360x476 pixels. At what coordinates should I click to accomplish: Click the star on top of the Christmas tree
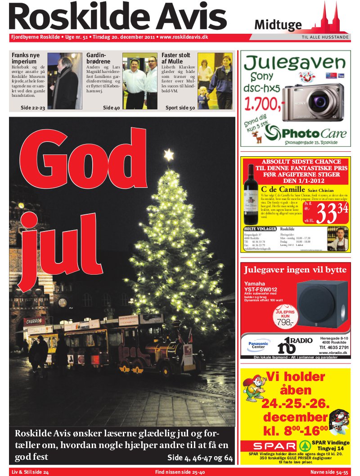click(169, 155)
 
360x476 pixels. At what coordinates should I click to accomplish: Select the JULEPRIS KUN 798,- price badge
click(285, 318)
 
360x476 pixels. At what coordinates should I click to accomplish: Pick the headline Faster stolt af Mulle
click(176, 58)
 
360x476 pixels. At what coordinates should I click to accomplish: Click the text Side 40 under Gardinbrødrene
click(111, 108)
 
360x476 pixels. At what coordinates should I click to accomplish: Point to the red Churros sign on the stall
click(35, 322)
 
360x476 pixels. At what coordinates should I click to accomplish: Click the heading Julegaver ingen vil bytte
click(295, 270)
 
